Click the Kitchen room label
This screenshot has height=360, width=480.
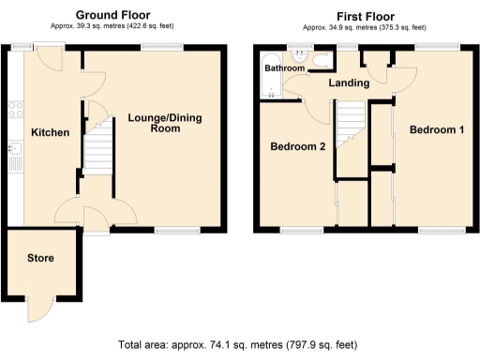(50, 133)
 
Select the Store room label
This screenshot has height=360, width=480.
(40, 258)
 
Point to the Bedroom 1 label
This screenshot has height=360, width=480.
(436, 130)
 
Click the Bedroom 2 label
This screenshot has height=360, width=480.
(297, 147)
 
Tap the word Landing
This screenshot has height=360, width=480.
(348, 83)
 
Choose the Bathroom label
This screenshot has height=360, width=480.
(283, 68)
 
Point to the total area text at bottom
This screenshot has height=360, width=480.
(238, 344)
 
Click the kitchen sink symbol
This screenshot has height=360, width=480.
(14, 150)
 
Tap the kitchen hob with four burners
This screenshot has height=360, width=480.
(14, 108)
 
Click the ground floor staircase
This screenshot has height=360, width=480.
(98, 159)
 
